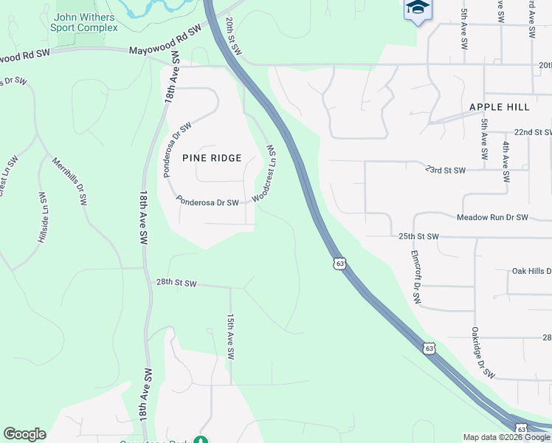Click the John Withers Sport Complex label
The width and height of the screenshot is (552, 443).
(84, 22)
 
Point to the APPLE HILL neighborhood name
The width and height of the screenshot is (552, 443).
(500, 107)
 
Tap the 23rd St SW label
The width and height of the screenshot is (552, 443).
(446, 170)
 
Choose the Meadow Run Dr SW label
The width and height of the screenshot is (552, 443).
(492, 218)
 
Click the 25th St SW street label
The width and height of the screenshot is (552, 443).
(418, 236)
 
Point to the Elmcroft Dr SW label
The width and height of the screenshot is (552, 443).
(415, 277)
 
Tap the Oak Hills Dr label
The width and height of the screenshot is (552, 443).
(531, 271)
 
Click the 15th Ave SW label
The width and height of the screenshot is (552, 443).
(230, 337)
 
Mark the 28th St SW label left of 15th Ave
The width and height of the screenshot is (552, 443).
(176, 283)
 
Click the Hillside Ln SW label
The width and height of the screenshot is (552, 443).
(42, 218)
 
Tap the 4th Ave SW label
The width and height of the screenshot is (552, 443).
(507, 162)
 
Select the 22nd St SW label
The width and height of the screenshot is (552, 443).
(533, 131)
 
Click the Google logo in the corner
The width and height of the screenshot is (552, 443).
(24, 434)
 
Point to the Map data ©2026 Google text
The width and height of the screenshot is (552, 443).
(506, 437)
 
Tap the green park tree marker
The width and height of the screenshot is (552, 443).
(201, 440)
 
